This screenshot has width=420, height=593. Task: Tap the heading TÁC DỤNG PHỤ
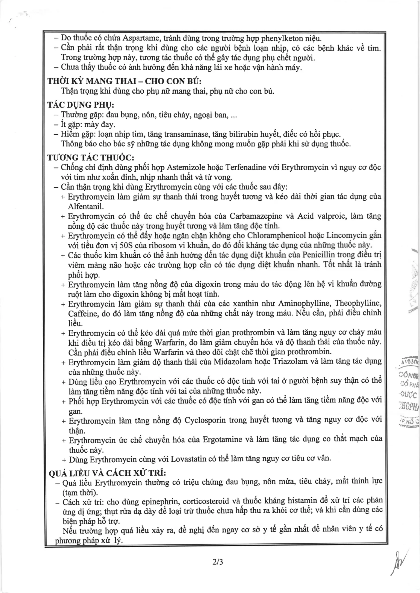(x=81, y=105)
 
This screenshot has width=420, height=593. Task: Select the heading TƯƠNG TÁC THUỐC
(x=91, y=158)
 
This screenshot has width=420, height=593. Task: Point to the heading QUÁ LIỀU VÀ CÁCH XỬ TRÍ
(x=107, y=473)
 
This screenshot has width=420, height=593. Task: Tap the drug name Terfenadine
(x=246, y=167)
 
